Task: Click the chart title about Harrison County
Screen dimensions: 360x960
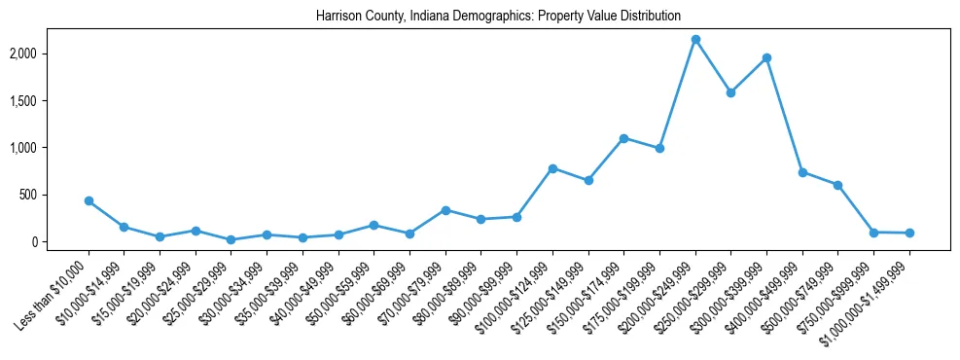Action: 498,17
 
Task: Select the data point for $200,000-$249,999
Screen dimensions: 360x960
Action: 695,40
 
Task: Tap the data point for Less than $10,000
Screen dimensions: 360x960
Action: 89,200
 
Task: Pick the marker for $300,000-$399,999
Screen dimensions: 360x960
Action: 766,57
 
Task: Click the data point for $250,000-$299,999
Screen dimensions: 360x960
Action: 730,92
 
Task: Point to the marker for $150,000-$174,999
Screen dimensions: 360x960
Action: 623,138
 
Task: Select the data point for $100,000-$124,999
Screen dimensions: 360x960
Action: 552,168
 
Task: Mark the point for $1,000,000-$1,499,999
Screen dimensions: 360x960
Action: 909,234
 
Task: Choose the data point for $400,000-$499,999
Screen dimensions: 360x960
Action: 802,172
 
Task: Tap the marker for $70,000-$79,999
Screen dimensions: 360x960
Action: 445,210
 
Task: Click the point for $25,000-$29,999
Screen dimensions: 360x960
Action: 231,239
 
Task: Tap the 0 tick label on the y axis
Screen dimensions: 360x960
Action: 62,242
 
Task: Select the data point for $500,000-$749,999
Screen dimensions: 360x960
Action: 837,185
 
